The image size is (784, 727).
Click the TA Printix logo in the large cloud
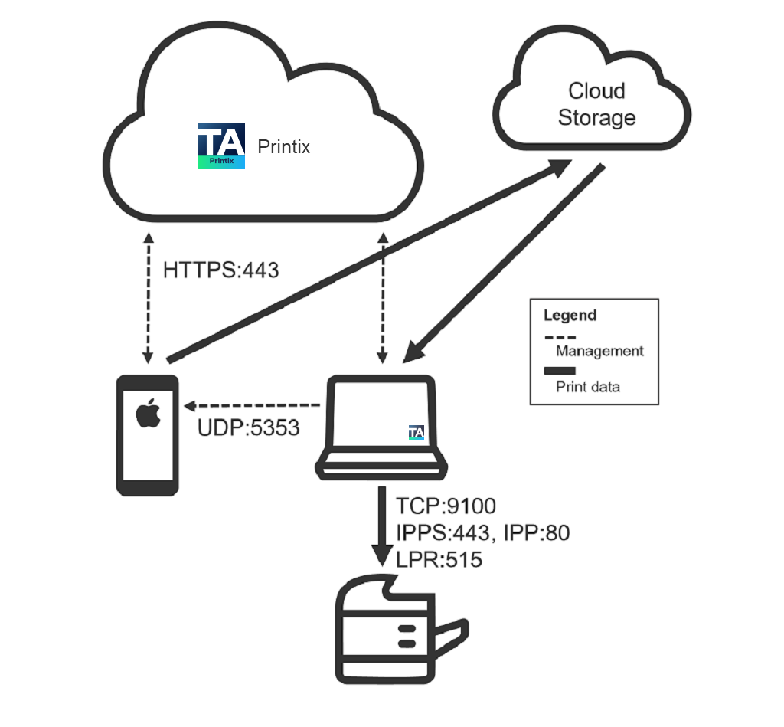[x=221, y=146]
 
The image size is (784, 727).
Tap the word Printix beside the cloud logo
[x=284, y=146]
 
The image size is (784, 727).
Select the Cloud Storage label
[x=596, y=104]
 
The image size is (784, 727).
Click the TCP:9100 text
[x=446, y=506]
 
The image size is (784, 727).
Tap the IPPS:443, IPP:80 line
[x=482, y=532]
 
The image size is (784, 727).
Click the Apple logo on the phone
[x=147, y=415]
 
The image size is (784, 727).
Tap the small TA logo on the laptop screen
[x=416, y=433]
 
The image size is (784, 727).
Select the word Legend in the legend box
[x=570, y=315]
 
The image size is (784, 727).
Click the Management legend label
[x=599, y=352]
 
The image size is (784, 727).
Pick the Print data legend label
[x=588, y=387]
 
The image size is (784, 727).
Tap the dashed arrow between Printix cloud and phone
[x=148, y=291]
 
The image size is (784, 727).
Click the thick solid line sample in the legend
[x=560, y=371]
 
